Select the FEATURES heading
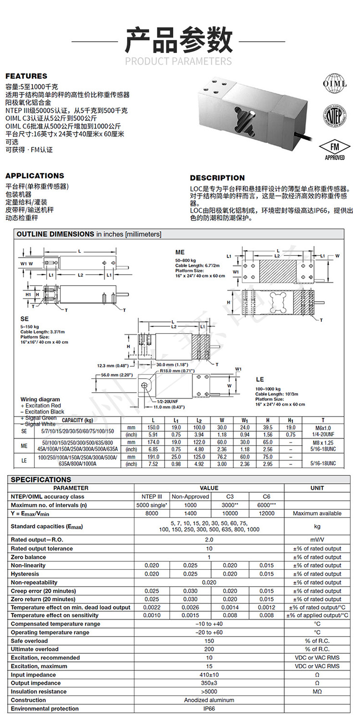click(26, 76)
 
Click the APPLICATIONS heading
click(35, 176)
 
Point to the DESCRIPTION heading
click(217, 178)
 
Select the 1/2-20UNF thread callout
click(168, 401)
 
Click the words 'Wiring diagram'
click(40, 399)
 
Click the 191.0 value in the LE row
click(153, 457)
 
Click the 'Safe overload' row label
click(29, 641)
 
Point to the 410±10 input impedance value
click(209, 674)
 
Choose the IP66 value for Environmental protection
click(209, 709)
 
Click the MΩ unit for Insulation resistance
click(317, 692)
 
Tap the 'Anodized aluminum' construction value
click(209, 700)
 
